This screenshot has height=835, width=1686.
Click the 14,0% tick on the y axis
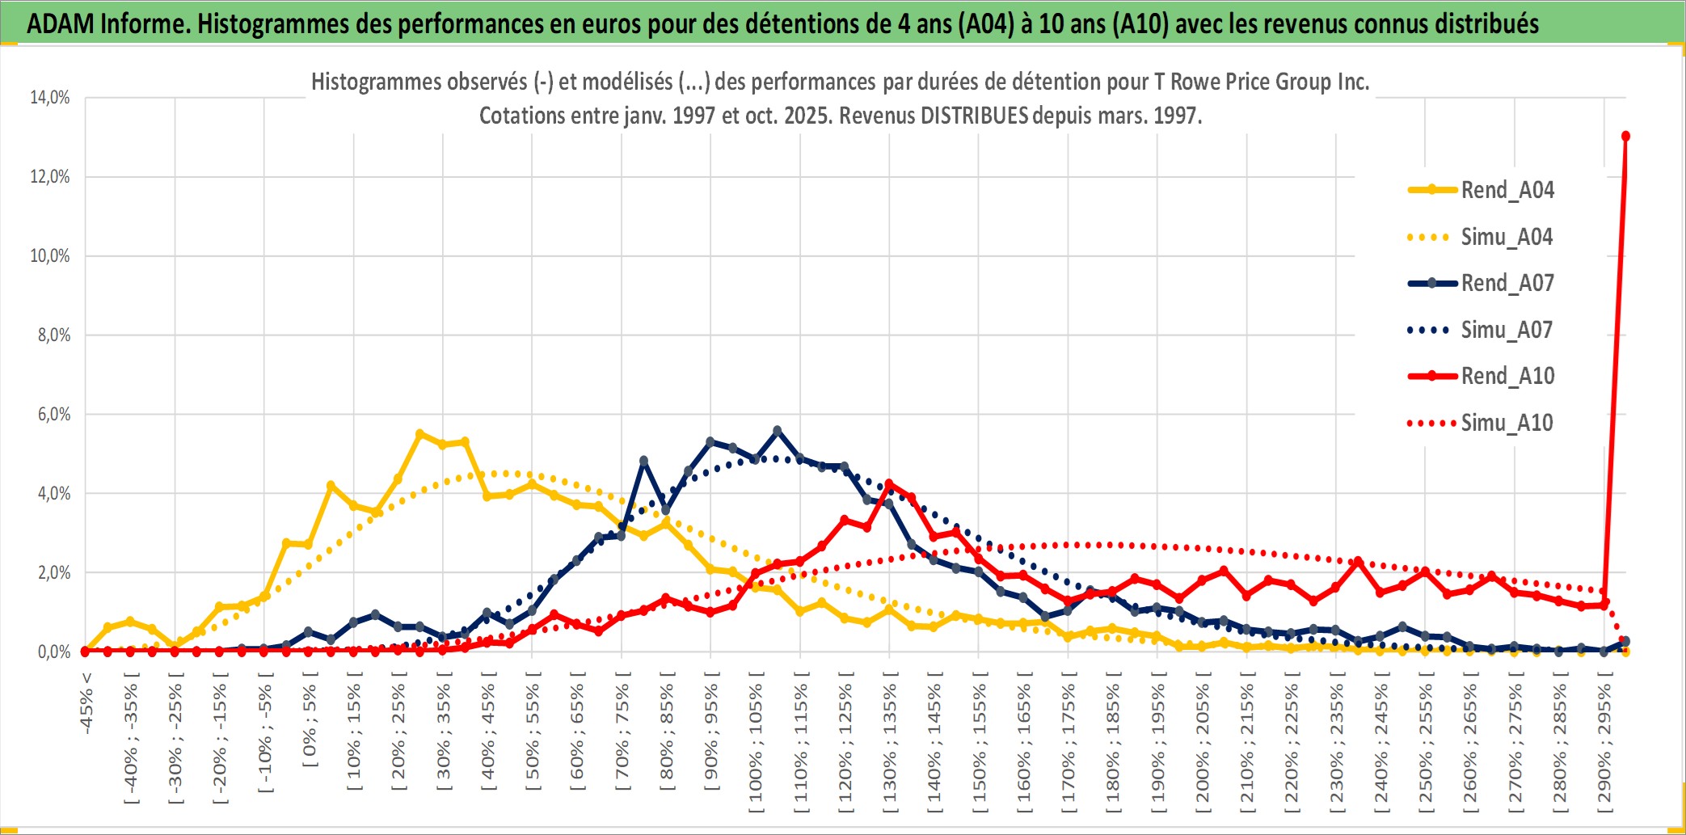pos(50,98)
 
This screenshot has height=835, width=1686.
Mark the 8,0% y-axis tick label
pos(53,335)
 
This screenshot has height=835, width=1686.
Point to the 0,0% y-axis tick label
pos(53,652)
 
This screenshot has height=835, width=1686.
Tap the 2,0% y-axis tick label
pos(53,573)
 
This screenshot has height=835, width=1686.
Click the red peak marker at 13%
pos(1625,136)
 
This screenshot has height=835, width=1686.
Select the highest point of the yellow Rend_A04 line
pos(419,434)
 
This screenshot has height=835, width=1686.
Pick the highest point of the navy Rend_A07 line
pos(778,431)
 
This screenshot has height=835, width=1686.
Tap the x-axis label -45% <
pos(86,703)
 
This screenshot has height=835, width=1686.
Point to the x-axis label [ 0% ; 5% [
pos(310,726)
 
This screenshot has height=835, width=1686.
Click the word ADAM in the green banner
pos(61,24)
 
